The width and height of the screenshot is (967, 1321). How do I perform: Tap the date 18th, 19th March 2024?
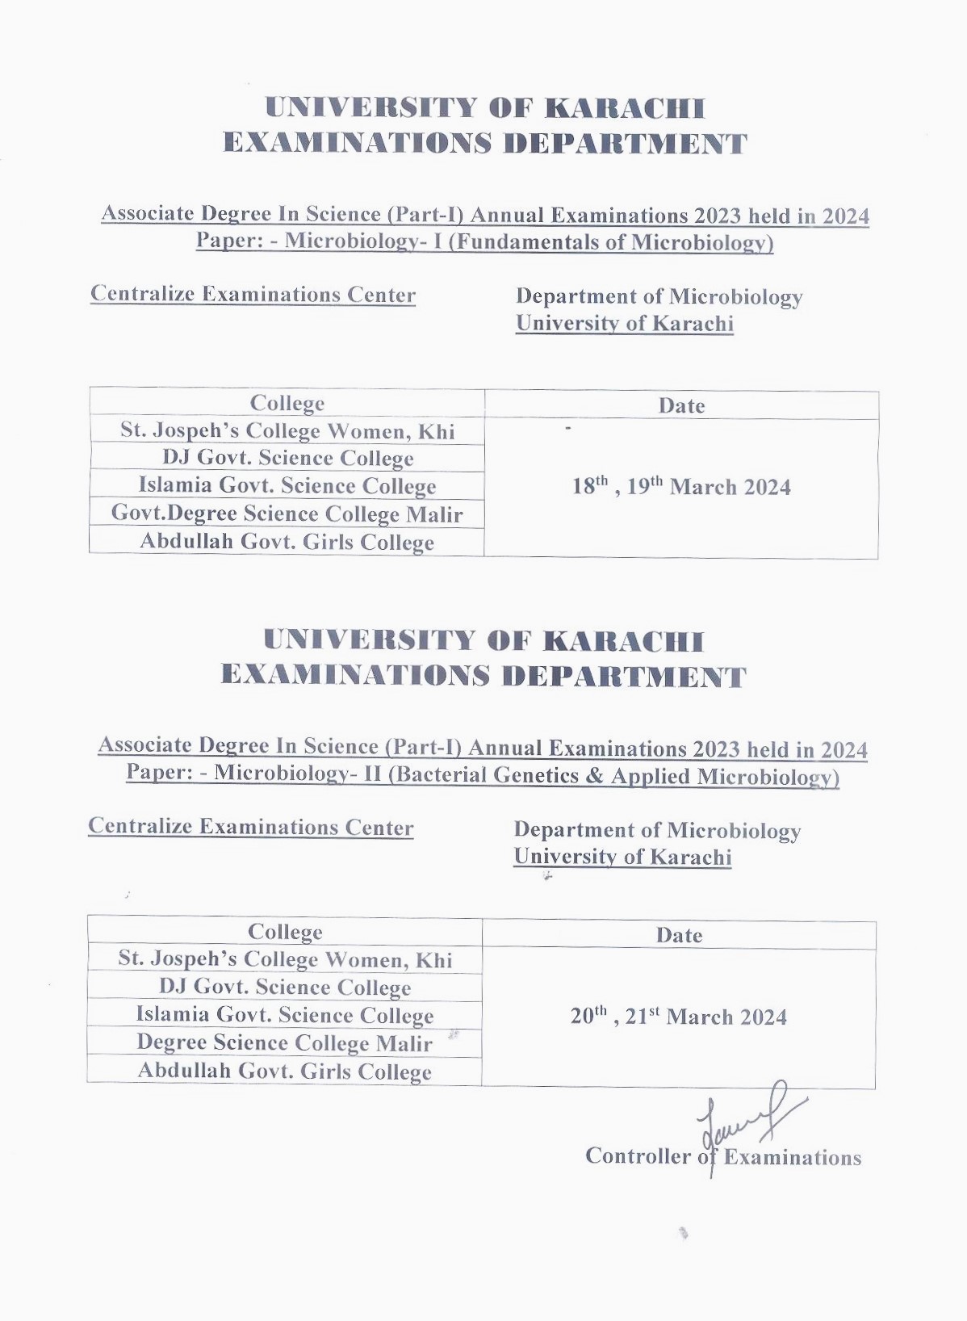[681, 487]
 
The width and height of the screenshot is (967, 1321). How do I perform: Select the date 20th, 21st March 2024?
[678, 1017]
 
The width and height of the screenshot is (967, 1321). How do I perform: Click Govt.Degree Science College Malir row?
[287, 514]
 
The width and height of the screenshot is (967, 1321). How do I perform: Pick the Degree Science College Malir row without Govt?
[284, 1042]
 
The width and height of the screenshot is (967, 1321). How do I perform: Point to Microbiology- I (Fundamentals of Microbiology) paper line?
[484, 241]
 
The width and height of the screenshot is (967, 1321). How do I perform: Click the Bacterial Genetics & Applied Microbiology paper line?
[483, 775]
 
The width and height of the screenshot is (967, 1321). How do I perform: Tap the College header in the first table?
[287, 403]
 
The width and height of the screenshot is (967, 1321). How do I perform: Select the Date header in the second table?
[679, 935]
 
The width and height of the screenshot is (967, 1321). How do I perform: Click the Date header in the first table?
[681, 405]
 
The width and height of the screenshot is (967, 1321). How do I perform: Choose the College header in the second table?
[285, 932]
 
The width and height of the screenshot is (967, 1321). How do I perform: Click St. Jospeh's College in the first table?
[287, 430]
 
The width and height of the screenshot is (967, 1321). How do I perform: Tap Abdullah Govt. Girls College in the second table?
[284, 1071]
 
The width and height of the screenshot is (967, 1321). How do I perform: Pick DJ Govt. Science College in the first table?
[287, 458]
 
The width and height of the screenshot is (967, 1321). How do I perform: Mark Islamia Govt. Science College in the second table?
[284, 1014]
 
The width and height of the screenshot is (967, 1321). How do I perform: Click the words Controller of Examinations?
[722, 1157]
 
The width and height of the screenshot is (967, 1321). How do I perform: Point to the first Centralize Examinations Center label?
[253, 294]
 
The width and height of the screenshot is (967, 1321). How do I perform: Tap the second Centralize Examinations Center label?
[250, 827]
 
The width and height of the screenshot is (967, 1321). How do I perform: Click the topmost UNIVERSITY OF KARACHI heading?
[485, 108]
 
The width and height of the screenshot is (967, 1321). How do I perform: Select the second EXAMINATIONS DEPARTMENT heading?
[483, 675]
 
